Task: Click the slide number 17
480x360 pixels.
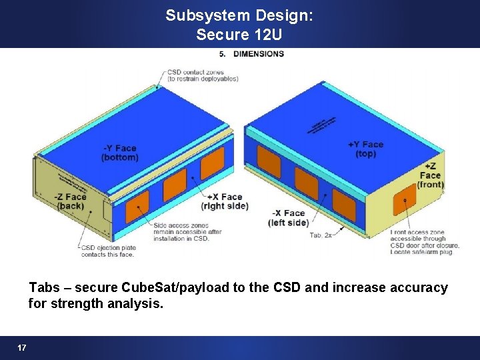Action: [22, 348]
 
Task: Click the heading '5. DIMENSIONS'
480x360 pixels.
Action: [251, 53]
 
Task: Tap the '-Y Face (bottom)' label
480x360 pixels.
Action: [120, 153]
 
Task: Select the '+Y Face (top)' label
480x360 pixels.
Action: [365, 149]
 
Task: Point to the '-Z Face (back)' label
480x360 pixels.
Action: [71, 201]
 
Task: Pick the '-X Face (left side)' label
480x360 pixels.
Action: [289, 218]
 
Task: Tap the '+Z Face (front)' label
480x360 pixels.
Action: [431, 175]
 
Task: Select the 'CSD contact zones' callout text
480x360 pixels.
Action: [203, 75]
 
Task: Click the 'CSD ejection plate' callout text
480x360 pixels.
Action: [107, 251]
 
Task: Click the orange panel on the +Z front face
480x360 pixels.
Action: [405, 201]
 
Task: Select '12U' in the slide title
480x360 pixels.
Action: [269, 34]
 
